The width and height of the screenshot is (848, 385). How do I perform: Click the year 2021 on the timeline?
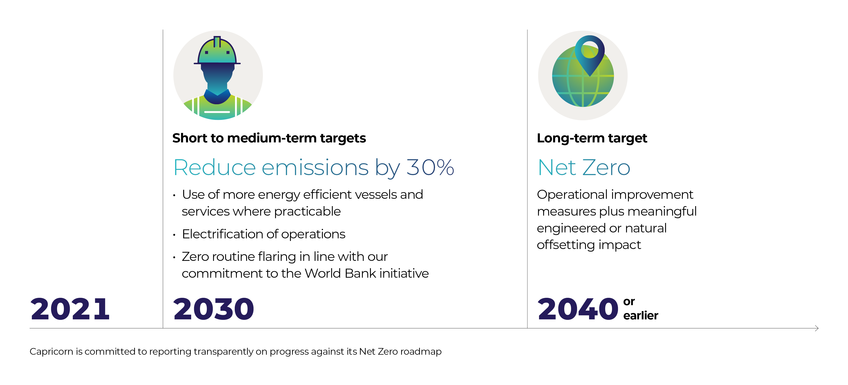point(70,309)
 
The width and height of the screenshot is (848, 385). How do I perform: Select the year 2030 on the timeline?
point(214,309)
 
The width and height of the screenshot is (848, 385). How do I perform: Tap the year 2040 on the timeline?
point(578,309)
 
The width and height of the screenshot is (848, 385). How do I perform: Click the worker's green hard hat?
point(217,51)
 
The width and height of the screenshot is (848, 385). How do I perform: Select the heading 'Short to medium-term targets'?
point(269,138)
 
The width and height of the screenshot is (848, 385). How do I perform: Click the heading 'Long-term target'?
point(592,138)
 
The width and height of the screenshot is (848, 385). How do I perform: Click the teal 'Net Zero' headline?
point(584,168)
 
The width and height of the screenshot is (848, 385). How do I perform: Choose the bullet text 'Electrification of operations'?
point(264,234)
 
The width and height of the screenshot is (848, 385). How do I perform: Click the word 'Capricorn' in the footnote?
point(51,352)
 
